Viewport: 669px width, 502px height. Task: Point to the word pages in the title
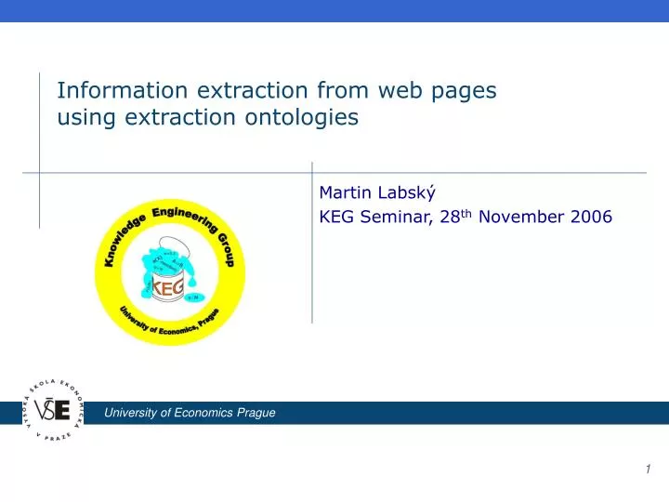tap(464, 92)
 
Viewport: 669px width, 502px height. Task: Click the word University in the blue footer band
tap(131, 413)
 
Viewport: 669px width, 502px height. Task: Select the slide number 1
tap(648, 470)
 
